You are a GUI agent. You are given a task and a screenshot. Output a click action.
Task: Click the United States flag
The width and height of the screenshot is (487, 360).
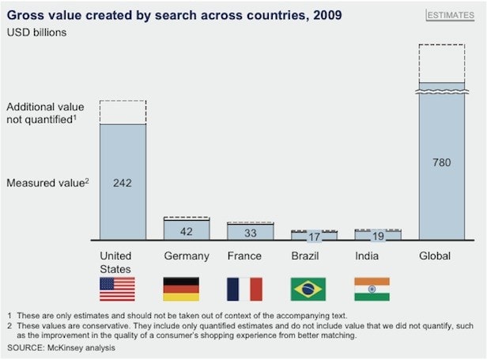click(116, 289)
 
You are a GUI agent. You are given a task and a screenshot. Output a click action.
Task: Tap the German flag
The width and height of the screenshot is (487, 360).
click(180, 289)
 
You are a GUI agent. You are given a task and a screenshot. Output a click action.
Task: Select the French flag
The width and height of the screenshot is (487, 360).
click(243, 289)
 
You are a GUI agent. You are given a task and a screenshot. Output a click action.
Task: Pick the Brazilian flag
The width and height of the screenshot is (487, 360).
click(308, 289)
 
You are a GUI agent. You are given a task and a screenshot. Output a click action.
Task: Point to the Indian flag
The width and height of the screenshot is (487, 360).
click(372, 289)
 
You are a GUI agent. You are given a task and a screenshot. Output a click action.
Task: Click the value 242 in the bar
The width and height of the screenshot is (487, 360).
click(123, 183)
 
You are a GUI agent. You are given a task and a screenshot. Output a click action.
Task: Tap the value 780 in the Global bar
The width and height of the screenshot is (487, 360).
click(442, 163)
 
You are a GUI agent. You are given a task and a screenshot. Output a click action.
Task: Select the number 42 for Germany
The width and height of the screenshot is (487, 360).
click(187, 232)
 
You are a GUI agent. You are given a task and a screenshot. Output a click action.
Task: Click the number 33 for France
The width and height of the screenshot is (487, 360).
click(250, 233)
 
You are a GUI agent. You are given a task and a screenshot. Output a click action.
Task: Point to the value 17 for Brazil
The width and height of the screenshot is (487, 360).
click(314, 237)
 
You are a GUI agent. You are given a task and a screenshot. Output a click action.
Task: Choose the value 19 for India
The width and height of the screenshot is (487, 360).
click(377, 236)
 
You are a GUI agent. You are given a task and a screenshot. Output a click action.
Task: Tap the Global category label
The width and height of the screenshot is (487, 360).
click(434, 256)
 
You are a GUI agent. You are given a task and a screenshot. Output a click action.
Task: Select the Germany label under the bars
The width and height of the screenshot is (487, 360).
click(187, 256)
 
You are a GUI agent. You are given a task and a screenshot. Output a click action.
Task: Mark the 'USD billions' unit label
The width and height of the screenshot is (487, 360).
click(36, 32)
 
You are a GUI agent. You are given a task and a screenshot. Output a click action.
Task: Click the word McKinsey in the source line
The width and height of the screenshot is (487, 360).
click(74, 348)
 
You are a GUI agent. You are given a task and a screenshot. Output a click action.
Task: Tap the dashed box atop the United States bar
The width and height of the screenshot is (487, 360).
click(123, 112)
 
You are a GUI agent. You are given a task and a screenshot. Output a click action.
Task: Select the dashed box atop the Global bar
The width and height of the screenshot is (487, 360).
click(442, 63)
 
